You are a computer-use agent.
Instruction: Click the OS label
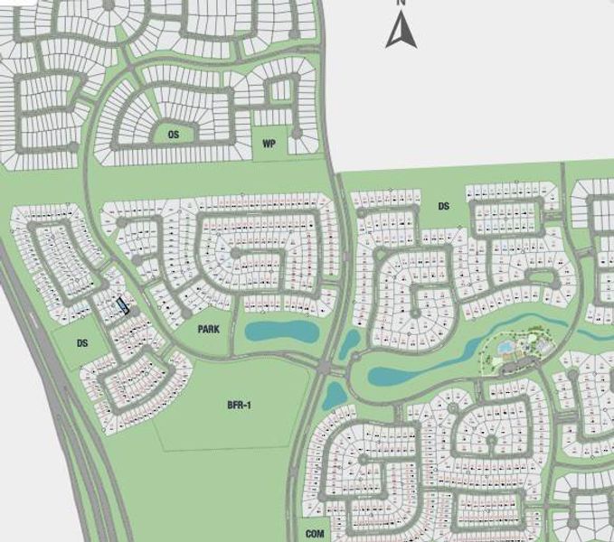click(x=173, y=135)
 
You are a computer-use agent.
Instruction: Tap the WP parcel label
click(x=269, y=144)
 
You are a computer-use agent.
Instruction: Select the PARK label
click(x=209, y=330)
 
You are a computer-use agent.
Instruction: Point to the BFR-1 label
click(x=239, y=406)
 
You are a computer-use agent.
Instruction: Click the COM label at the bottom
click(x=315, y=534)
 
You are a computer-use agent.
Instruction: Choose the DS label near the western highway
click(x=82, y=343)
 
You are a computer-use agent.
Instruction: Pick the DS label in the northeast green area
click(x=443, y=206)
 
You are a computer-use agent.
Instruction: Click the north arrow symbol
click(x=400, y=32)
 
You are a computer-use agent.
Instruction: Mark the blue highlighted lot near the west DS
click(x=122, y=305)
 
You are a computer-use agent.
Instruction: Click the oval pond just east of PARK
click(x=281, y=332)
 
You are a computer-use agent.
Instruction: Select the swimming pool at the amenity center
click(x=504, y=347)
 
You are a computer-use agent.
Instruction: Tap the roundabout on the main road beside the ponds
click(x=324, y=367)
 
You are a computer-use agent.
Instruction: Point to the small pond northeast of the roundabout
click(x=349, y=342)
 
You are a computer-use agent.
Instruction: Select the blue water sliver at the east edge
click(x=597, y=333)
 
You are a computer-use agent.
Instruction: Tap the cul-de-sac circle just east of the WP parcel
click(x=297, y=137)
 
